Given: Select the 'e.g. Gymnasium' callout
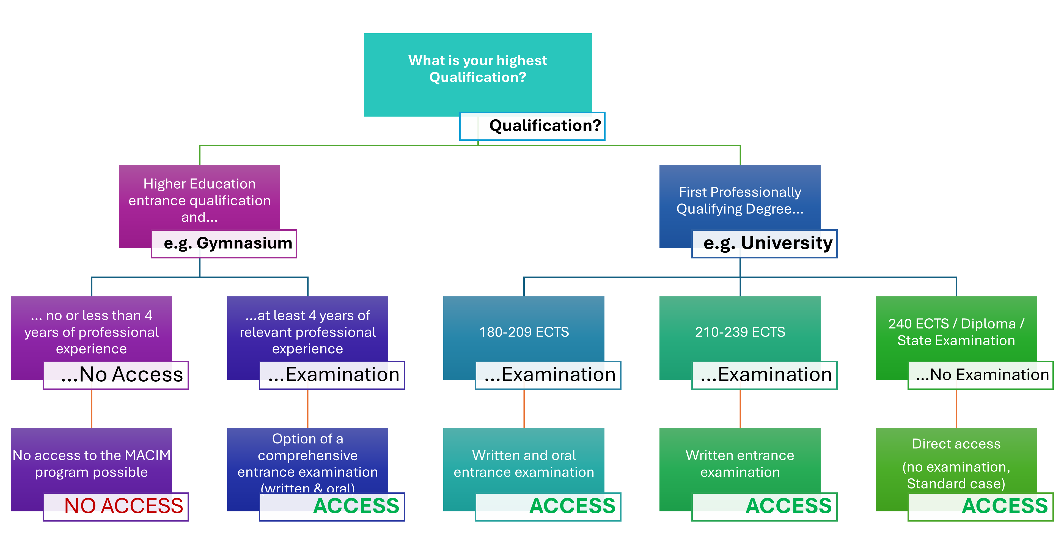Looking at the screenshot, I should pos(224,244).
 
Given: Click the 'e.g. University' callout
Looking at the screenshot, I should pos(764,244).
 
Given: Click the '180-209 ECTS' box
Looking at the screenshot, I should pos(524,332).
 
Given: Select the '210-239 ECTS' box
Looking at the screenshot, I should pos(740,332).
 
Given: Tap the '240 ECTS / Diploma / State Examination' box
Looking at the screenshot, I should pos(956,332).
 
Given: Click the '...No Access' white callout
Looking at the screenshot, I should pos(116,375).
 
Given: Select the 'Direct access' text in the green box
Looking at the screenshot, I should pos(956,444).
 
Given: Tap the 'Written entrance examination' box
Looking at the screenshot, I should pos(740,463).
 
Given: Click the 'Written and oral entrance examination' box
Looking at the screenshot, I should pos(524,463).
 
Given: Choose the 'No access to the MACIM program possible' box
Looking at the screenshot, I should pos(91,463).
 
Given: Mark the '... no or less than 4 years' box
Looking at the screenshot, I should pos(91,332).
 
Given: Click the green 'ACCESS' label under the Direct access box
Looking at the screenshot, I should pos(1005,506).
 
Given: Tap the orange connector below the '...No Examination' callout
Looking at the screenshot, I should pos(956,409).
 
